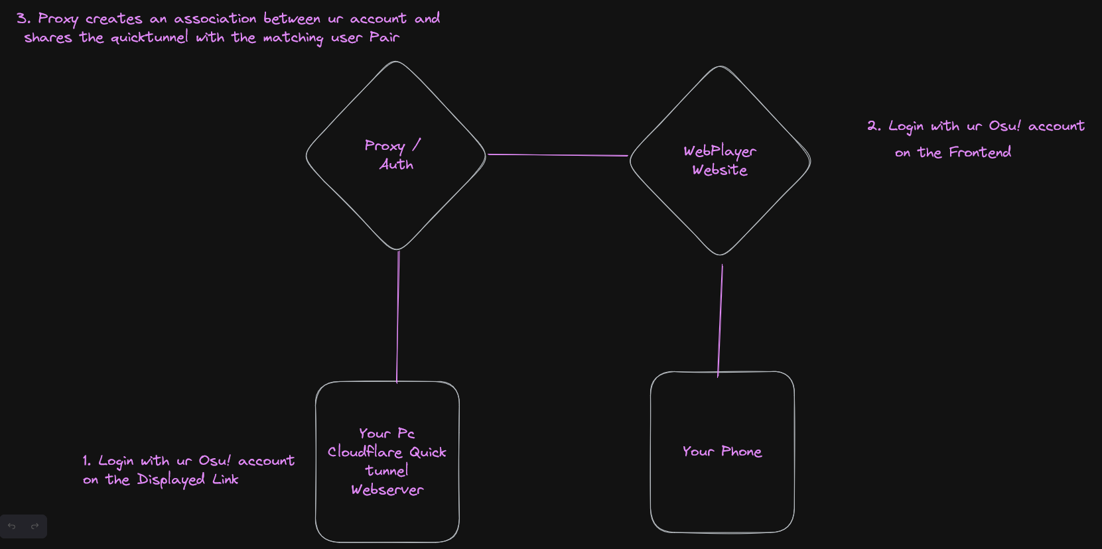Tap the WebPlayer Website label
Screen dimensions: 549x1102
coord(720,160)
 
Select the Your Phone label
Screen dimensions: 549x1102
coord(722,452)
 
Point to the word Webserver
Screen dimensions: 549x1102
coord(387,490)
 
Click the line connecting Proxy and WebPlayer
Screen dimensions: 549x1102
coord(557,154)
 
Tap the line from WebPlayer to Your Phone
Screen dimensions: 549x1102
coord(721,321)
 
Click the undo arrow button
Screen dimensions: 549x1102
coord(12,526)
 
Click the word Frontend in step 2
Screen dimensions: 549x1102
coord(980,152)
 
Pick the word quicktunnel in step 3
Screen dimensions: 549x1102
coord(149,38)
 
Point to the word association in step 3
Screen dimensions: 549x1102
coord(215,19)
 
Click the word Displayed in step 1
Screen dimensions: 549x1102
coord(171,480)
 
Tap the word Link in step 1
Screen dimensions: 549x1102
coord(226,479)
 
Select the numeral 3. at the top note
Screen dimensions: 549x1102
coord(23,19)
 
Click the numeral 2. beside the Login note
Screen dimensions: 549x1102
coord(874,126)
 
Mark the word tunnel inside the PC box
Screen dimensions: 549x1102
coord(386,471)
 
